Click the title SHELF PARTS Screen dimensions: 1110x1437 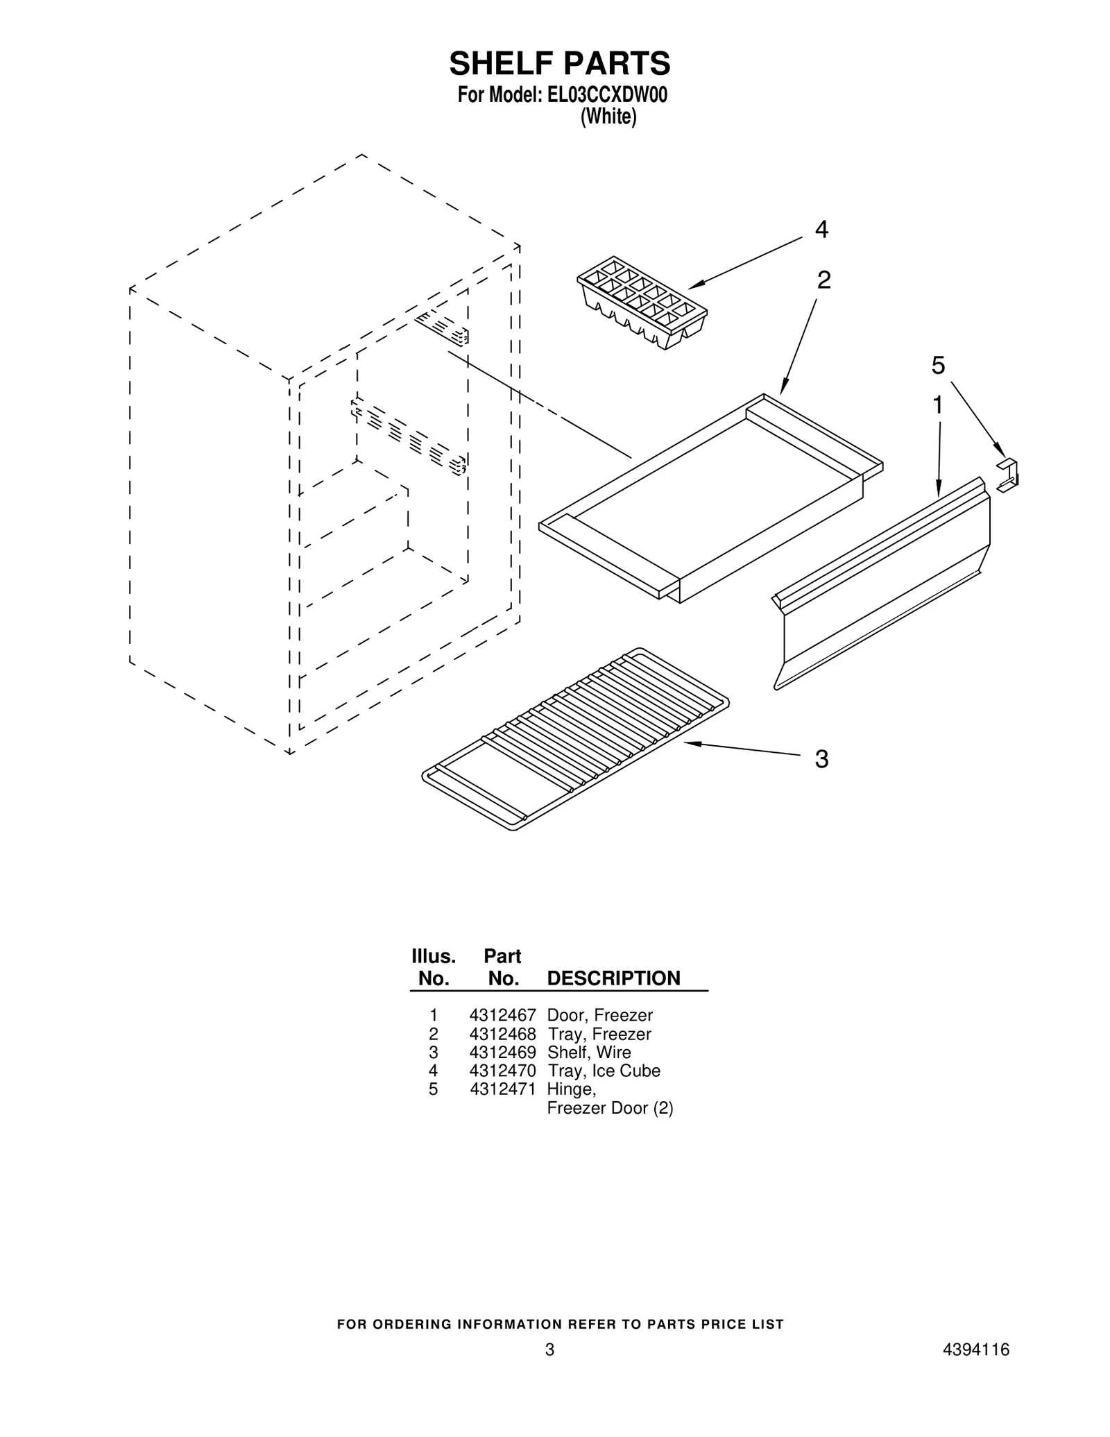point(560,63)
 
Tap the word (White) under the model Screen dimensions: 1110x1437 point(608,117)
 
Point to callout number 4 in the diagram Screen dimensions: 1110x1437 point(821,229)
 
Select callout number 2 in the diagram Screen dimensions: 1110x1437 point(823,280)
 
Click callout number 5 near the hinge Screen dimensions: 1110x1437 point(938,365)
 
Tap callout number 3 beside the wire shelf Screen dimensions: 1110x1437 point(821,759)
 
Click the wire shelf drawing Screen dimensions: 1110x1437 point(576,739)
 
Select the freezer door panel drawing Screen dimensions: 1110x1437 point(882,583)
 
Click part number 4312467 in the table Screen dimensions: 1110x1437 point(502,1016)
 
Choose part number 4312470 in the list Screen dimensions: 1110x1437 point(502,1071)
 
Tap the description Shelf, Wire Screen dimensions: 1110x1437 point(589,1053)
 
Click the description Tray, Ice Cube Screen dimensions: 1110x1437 point(604,1071)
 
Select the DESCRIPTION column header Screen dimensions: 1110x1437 point(613,978)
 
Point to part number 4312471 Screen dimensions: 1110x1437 point(502,1089)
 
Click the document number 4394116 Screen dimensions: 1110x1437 point(976,1369)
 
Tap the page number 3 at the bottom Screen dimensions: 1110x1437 point(549,1369)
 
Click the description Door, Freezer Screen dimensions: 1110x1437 point(600,1016)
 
